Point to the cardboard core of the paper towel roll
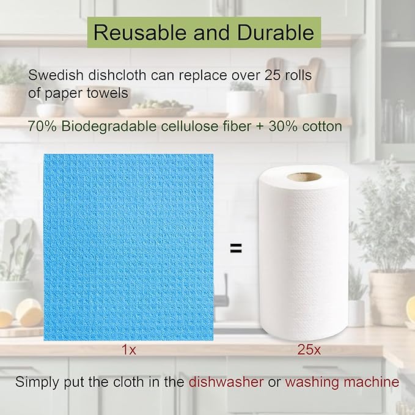coord(304,177)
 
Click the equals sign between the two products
coord(235,248)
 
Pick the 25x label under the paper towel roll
coord(304,350)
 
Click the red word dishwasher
coord(226,383)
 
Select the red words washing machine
coord(342,383)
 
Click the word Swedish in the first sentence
coord(51,76)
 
